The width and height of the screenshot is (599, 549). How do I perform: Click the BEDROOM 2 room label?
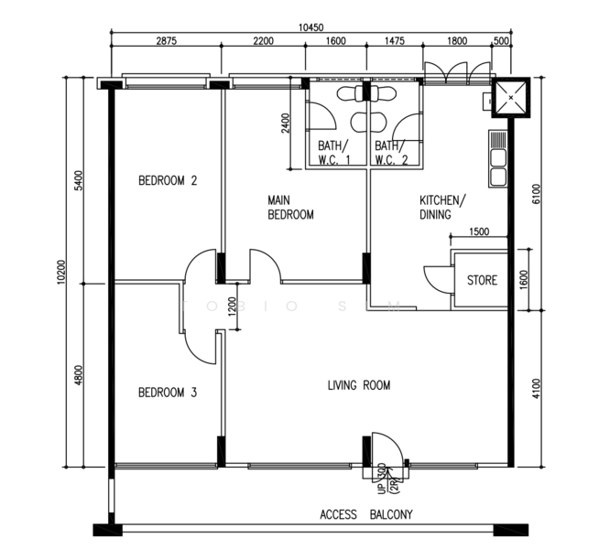pos(168,181)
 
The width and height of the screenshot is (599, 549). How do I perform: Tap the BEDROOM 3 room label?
pos(168,393)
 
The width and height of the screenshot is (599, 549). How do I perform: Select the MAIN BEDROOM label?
pos(290,208)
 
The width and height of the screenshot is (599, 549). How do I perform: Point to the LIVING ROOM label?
pos(359,385)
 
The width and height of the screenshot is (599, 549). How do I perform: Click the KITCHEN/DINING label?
pos(442,208)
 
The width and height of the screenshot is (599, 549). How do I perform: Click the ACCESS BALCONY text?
pos(366,514)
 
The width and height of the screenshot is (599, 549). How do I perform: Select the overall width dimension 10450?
pos(310,27)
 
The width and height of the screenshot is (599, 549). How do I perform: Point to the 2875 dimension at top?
pos(167,41)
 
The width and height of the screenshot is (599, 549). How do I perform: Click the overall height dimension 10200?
pos(60,272)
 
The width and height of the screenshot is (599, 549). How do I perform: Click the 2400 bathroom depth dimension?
pos(286,123)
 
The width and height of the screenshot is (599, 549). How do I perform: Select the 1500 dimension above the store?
pos(478,232)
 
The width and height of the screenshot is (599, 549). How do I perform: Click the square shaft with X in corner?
pos(508,96)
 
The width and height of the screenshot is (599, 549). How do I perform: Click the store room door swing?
pos(435,278)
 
